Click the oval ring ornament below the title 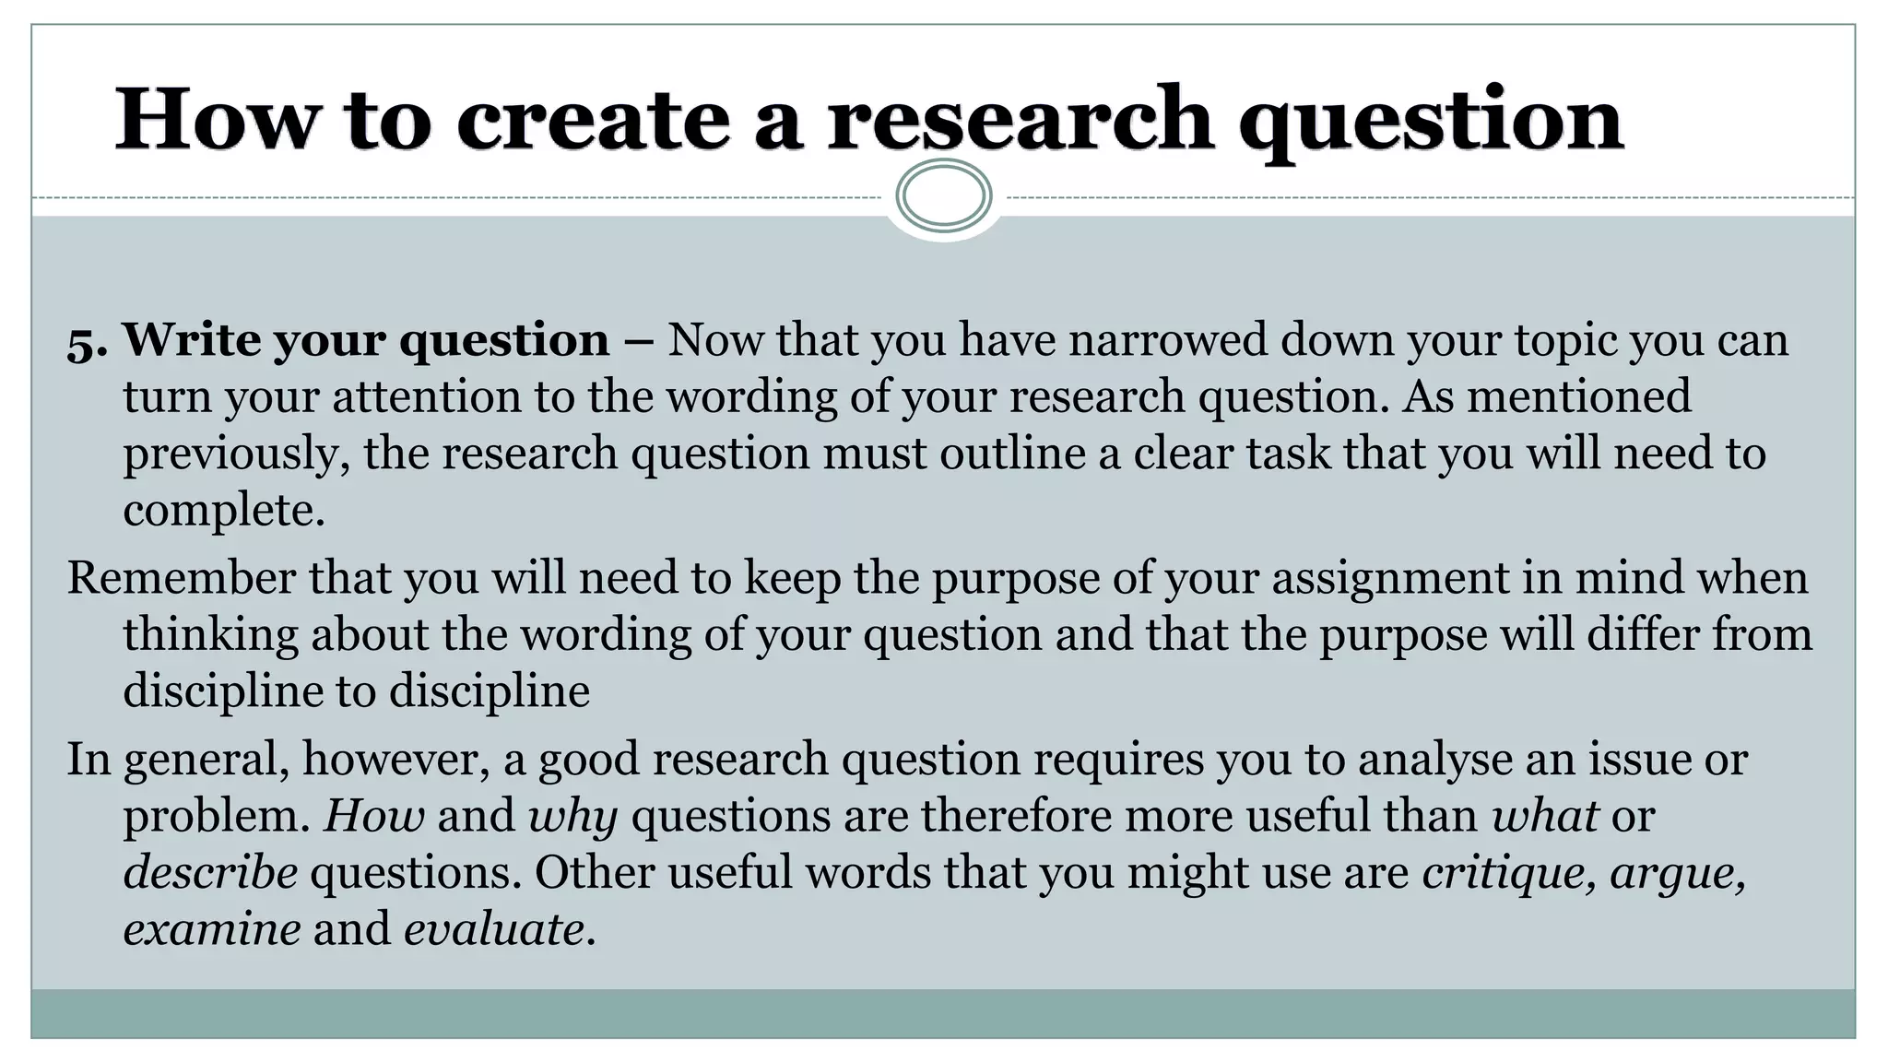[x=943, y=195]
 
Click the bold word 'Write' [x=192, y=339]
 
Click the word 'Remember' [x=181, y=578]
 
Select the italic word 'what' [x=1545, y=816]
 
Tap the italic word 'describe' [x=210, y=872]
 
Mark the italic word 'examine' [x=212, y=928]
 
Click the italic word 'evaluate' [x=494, y=928]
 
